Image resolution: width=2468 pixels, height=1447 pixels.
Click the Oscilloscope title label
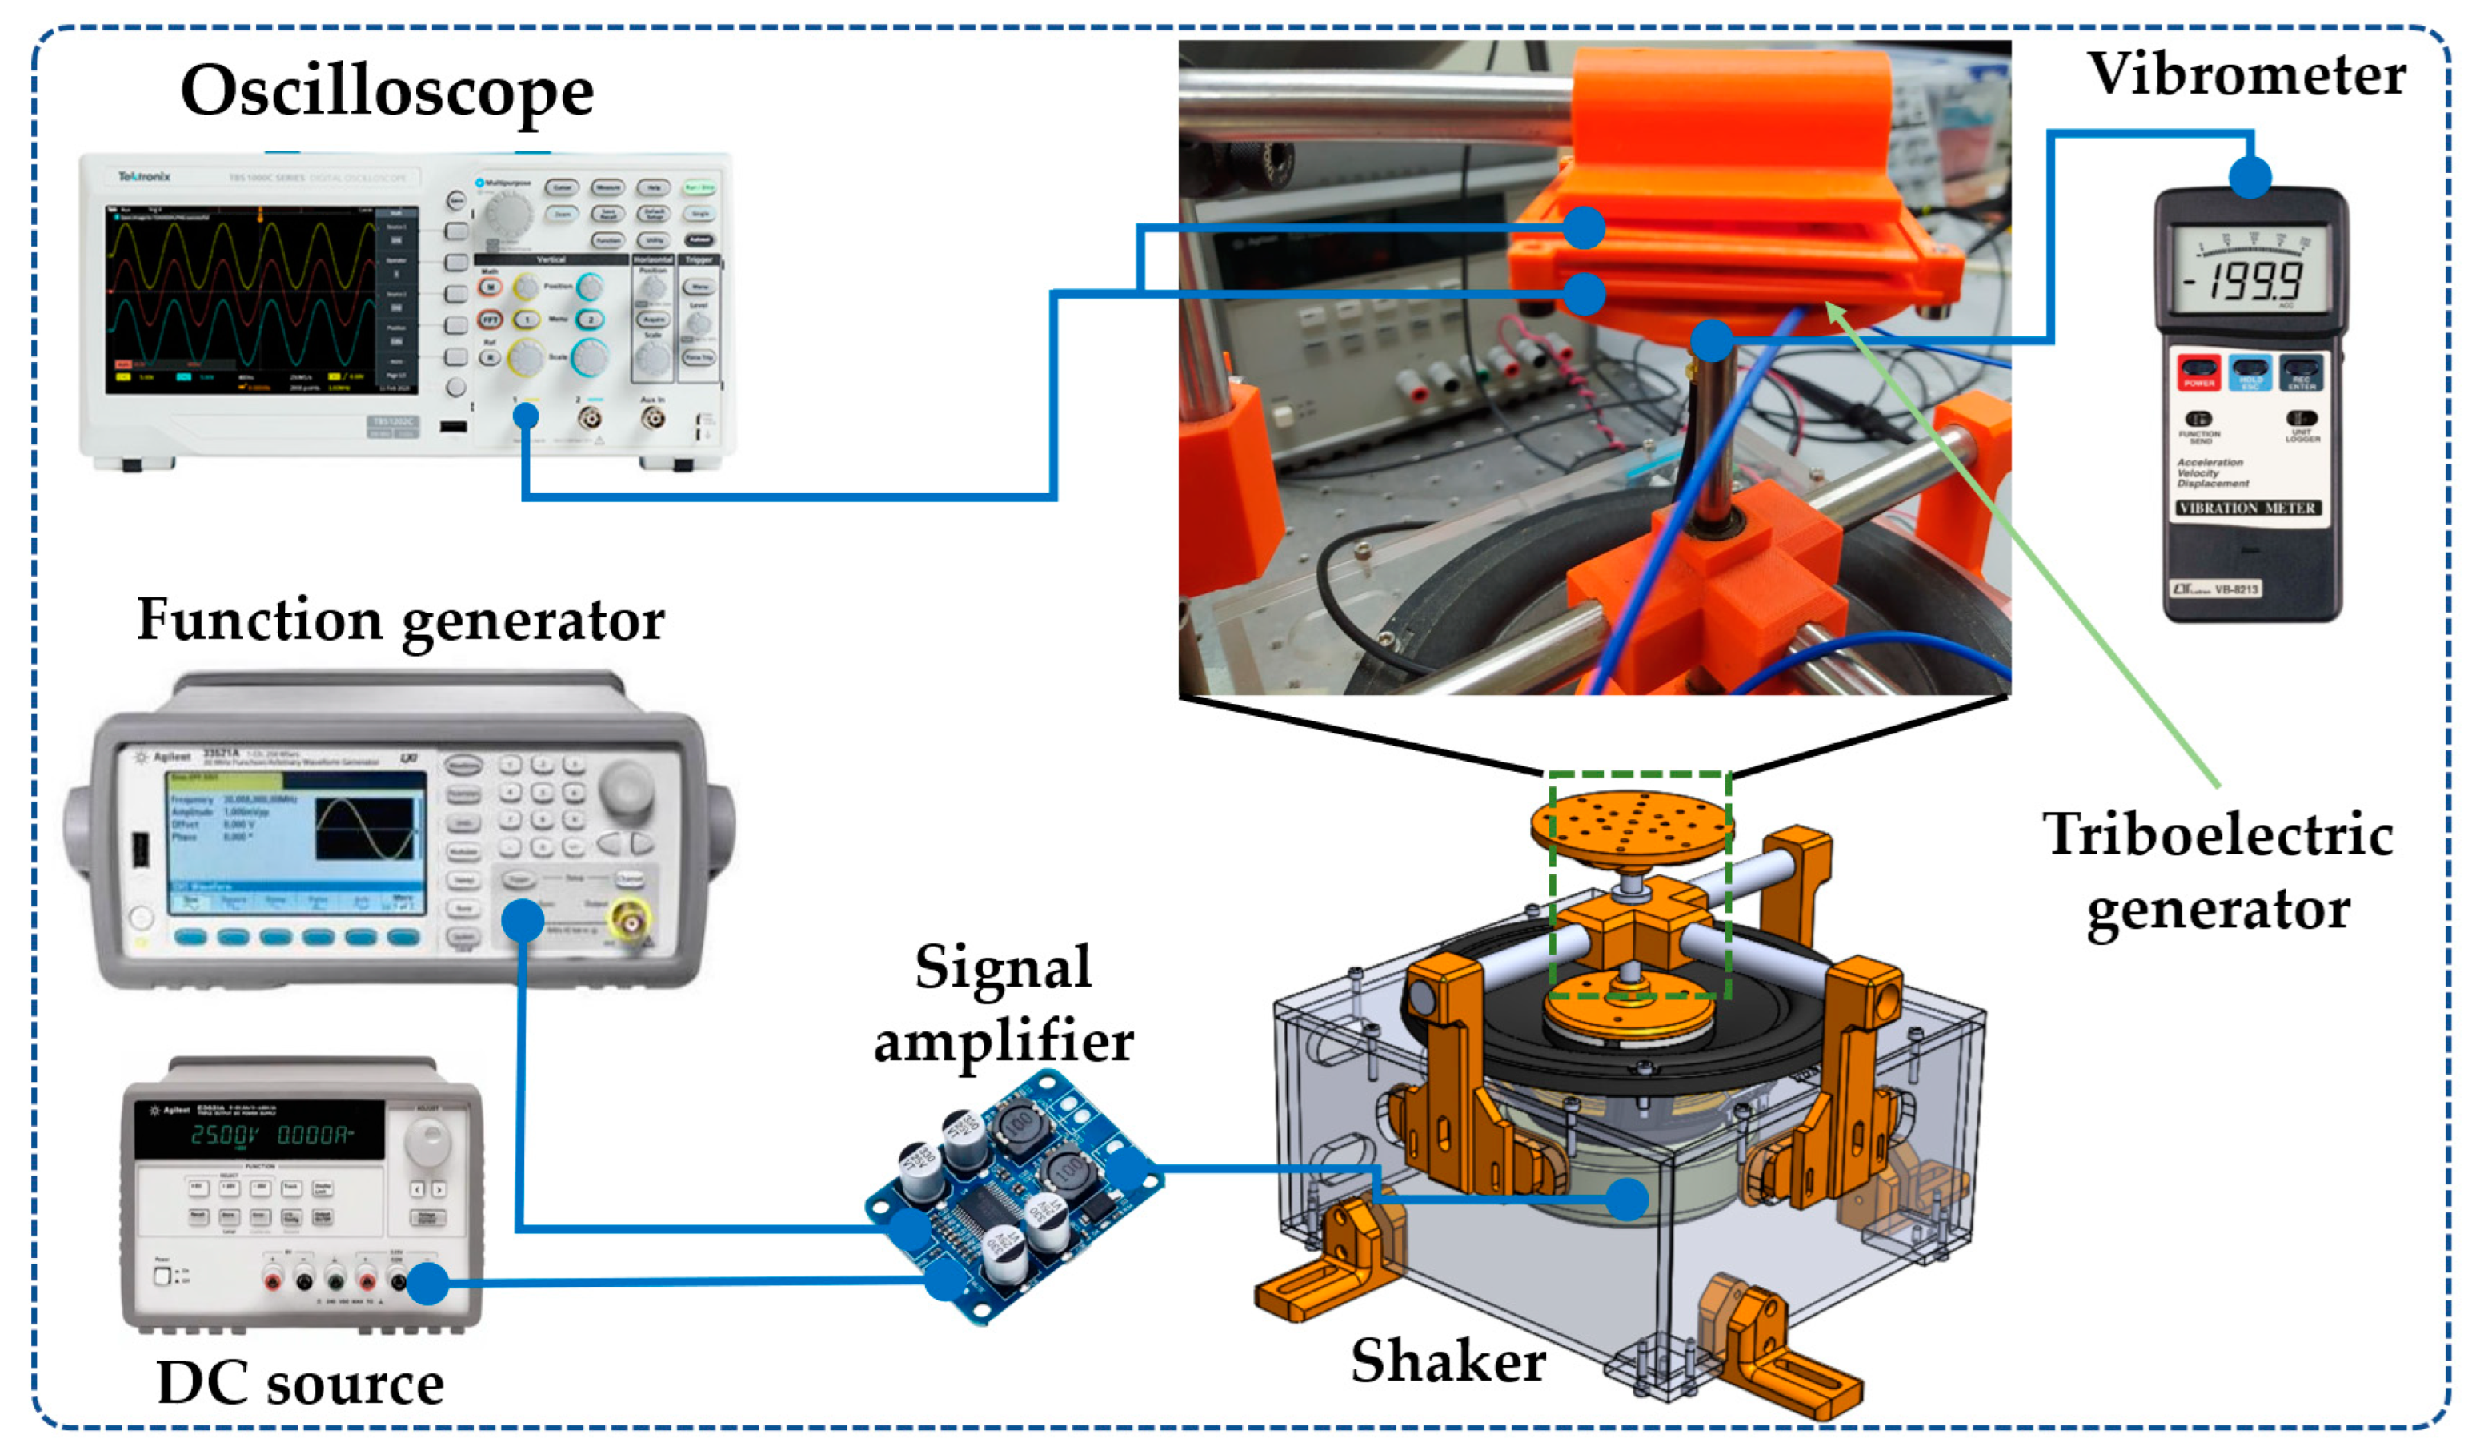(387, 91)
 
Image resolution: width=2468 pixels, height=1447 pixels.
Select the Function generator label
(401, 620)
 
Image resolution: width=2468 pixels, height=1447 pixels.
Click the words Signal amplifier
(1003, 1003)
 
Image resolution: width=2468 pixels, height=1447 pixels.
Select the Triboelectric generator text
(2218, 872)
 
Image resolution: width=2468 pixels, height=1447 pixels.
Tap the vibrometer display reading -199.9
(2249, 280)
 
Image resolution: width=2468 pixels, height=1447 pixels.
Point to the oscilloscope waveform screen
(241, 299)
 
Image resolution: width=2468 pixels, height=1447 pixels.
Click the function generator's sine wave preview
(364, 829)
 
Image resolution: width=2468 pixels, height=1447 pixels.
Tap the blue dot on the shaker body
(1627, 1199)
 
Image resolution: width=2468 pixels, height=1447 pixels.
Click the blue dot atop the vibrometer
(2250, 177)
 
